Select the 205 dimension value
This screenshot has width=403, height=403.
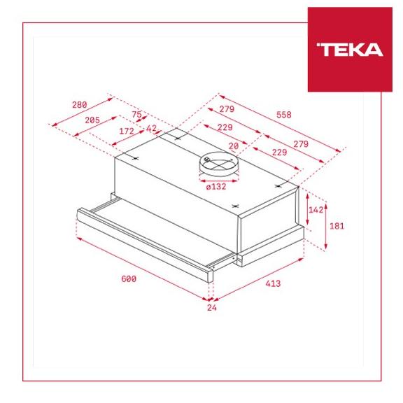point(92,120)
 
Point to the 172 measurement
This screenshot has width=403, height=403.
point(127,131)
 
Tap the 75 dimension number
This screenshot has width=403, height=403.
point(136,115)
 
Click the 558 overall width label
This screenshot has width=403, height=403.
point(283,115)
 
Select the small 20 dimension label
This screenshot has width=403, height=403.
point(233,146)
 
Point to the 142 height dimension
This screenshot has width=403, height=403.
point(316,209)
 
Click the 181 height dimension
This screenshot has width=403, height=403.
point(338,226)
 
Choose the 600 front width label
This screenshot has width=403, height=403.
point(128,279)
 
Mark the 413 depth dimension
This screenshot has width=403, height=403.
point(274,283)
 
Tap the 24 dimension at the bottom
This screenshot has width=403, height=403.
point(212,307)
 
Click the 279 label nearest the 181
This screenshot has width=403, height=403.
point(301,143)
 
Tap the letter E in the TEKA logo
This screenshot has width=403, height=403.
point(341,50)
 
